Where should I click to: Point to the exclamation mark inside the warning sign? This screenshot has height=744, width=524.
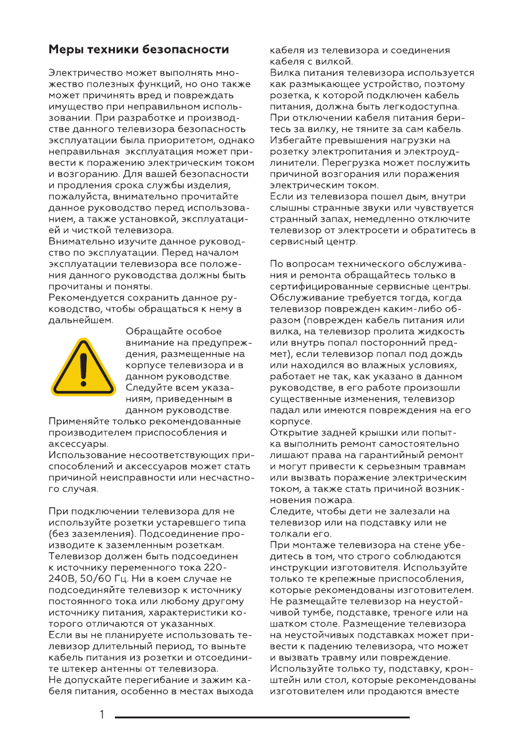(x=83, y=368)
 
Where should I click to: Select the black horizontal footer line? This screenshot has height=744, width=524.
(x=262, y=717)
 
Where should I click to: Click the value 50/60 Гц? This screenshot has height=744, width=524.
(x=97, y=578)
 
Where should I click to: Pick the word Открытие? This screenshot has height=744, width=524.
(x=295, y=432)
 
